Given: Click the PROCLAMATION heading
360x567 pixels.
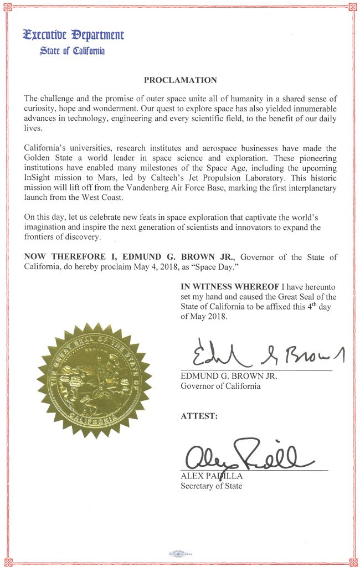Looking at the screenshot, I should [180, 80].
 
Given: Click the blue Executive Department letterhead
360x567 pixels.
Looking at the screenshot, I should [74, 35].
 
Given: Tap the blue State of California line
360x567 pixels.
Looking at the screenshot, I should [72, 51].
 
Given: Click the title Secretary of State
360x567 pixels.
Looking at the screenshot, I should [211, 486].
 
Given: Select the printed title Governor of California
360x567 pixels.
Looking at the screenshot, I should [220, 386].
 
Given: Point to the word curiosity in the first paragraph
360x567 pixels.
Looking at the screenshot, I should [42, 109].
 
